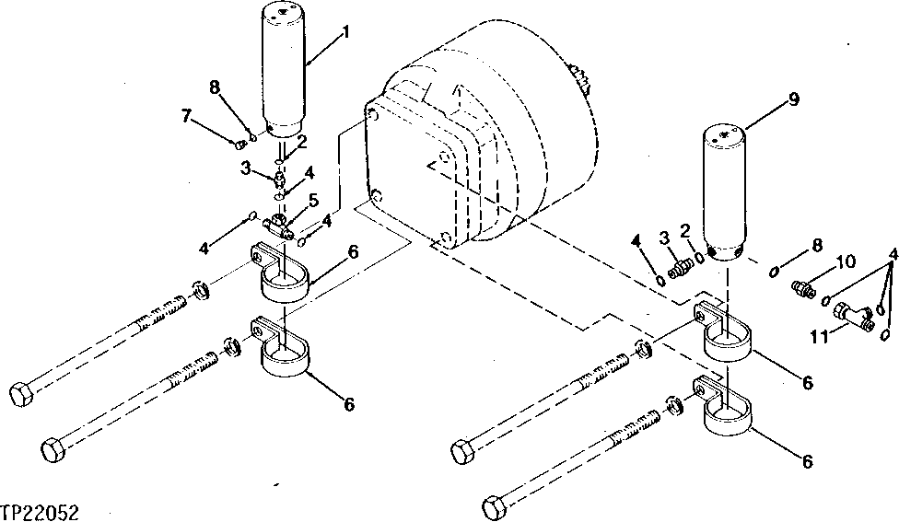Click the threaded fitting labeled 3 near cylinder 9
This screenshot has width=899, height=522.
pyautogui.click(x=682, y=268)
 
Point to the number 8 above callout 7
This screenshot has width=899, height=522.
pyautogui.click(x=214, y=88)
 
